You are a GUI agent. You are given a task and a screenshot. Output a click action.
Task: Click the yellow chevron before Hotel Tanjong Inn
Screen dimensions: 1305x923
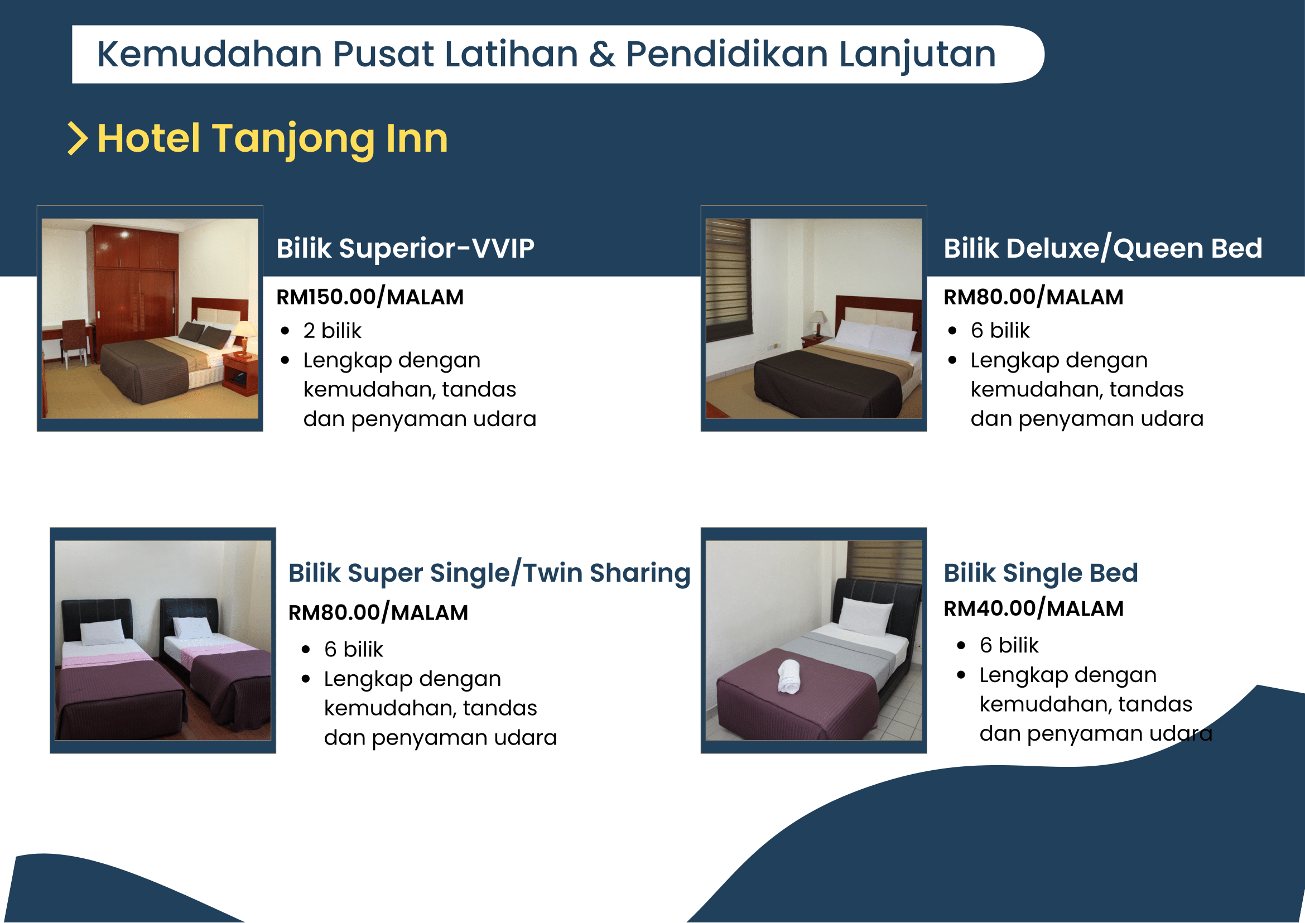(x=78, y=138)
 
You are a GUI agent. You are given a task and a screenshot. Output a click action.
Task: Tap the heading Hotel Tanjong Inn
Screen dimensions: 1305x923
(x=273, y=139)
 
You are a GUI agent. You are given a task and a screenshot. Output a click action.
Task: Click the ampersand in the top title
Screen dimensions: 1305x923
(x=601, y=55)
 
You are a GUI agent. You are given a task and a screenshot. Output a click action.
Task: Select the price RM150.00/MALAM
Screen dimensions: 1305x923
(x=370, y=297)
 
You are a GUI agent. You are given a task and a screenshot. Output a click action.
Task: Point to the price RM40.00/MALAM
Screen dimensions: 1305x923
(x=1033, y=608)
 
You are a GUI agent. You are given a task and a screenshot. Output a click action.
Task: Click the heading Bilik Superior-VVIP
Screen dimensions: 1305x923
(x=406, y=248)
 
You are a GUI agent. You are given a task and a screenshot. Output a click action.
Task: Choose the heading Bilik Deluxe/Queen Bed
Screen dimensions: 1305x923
(x=1102, y=248)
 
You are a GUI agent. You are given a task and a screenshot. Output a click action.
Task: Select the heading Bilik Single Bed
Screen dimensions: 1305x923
(x=1041, y=572)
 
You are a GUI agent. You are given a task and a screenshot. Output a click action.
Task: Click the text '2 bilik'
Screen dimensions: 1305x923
(x=332, y=331)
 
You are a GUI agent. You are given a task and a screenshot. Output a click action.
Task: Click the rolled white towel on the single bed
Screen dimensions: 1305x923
(x=789, y=676)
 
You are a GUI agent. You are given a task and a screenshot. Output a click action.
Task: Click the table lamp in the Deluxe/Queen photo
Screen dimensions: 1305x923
(x=818, y=323)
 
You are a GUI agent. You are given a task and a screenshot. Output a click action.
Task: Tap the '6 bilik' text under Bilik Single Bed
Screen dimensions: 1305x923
(x=1009, y=646)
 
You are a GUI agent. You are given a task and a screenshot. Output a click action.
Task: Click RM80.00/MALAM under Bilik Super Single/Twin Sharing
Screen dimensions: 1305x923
(x=378, y=613)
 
